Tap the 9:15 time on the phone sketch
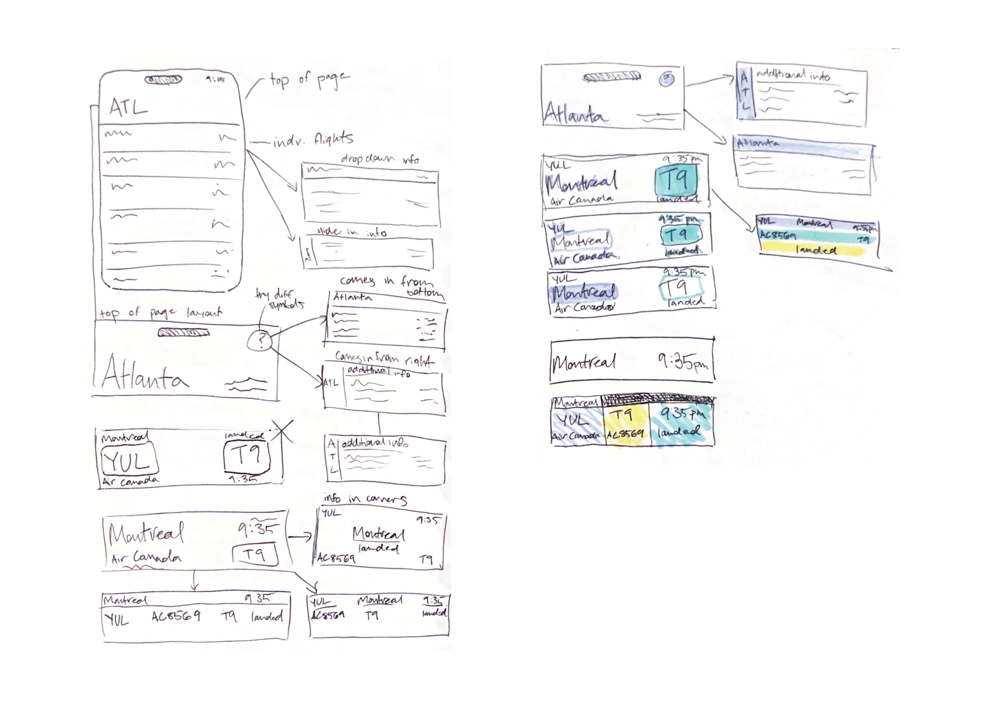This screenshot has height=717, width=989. (215, 79)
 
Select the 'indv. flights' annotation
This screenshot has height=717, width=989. (313, 140)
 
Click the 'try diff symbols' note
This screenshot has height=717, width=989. (279, 299)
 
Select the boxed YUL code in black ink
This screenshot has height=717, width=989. (129, 461)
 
